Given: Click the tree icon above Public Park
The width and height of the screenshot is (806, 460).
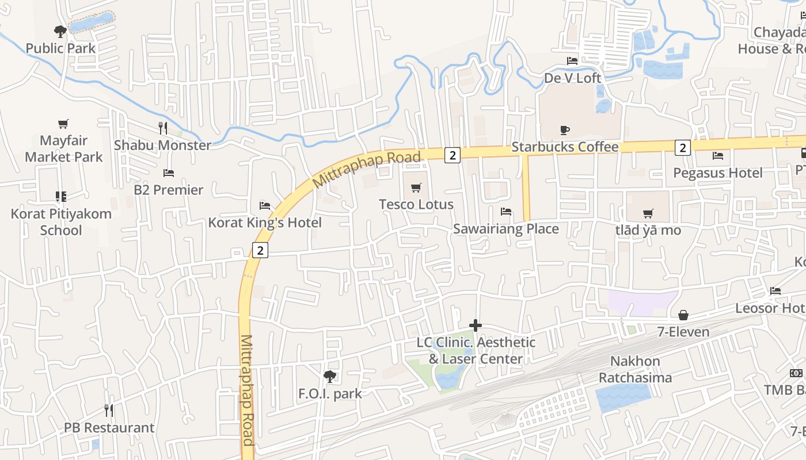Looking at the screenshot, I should (60, 31).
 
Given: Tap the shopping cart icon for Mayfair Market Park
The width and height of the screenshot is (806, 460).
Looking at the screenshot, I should (63, 124).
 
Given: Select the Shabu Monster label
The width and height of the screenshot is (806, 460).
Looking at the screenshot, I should (162, 145).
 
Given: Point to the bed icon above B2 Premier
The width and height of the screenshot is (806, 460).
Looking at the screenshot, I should (168, 172).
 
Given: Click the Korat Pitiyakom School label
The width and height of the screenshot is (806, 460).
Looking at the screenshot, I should (61, 222).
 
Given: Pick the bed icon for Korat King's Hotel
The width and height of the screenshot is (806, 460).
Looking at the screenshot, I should (265, 205).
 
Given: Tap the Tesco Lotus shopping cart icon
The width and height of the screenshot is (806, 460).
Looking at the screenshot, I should (416, 187).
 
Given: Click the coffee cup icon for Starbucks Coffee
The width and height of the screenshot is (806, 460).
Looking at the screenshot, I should (565, 131).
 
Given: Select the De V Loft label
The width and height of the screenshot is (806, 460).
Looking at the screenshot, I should (572, 78).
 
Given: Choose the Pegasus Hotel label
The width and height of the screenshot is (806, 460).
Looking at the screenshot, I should (717, 172).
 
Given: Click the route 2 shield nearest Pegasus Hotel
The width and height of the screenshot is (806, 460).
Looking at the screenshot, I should (683, 148).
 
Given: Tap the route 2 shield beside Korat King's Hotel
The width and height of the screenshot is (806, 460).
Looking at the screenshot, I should (260, 250).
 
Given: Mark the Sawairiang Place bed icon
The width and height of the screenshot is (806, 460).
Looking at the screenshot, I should (506, 212).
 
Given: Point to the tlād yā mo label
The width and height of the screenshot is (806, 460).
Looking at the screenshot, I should (648, 231).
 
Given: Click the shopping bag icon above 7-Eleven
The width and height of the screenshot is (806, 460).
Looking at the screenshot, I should (683, 315).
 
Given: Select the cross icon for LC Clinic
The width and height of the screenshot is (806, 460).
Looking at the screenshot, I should (475, 325).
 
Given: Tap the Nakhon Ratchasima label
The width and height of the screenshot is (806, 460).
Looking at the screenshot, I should (635, 369).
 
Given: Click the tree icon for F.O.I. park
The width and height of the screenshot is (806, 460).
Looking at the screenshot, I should (330, 377).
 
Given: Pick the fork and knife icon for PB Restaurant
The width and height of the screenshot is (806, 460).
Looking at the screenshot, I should (109, 411).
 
